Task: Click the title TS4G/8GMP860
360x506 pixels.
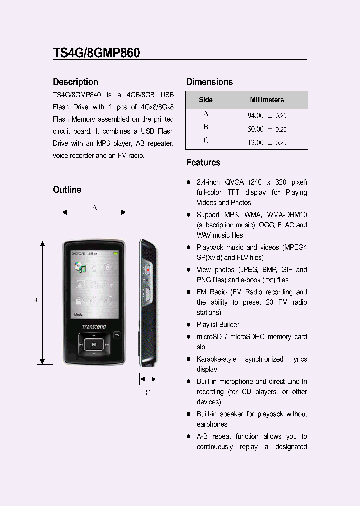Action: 96,53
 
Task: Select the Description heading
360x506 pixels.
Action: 75,82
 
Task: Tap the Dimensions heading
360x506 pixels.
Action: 209,82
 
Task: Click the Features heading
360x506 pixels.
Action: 203,162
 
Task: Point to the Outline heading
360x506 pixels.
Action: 67,190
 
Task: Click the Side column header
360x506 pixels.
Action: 206,100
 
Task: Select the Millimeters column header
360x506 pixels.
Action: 267,100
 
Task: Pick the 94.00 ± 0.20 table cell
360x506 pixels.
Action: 267,115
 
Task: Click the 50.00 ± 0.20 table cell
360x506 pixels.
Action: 267,129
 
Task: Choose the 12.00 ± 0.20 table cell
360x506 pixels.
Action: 267,143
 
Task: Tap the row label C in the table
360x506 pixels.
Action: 206,141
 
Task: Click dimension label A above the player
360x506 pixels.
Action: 94,207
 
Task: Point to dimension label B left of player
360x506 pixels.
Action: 35,301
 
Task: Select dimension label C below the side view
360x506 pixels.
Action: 148,393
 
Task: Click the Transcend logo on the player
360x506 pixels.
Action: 94,327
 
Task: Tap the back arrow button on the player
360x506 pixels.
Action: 117,335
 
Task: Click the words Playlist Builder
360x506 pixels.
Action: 218,325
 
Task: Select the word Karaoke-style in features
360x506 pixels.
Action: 216,359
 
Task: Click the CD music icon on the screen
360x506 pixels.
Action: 79,267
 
